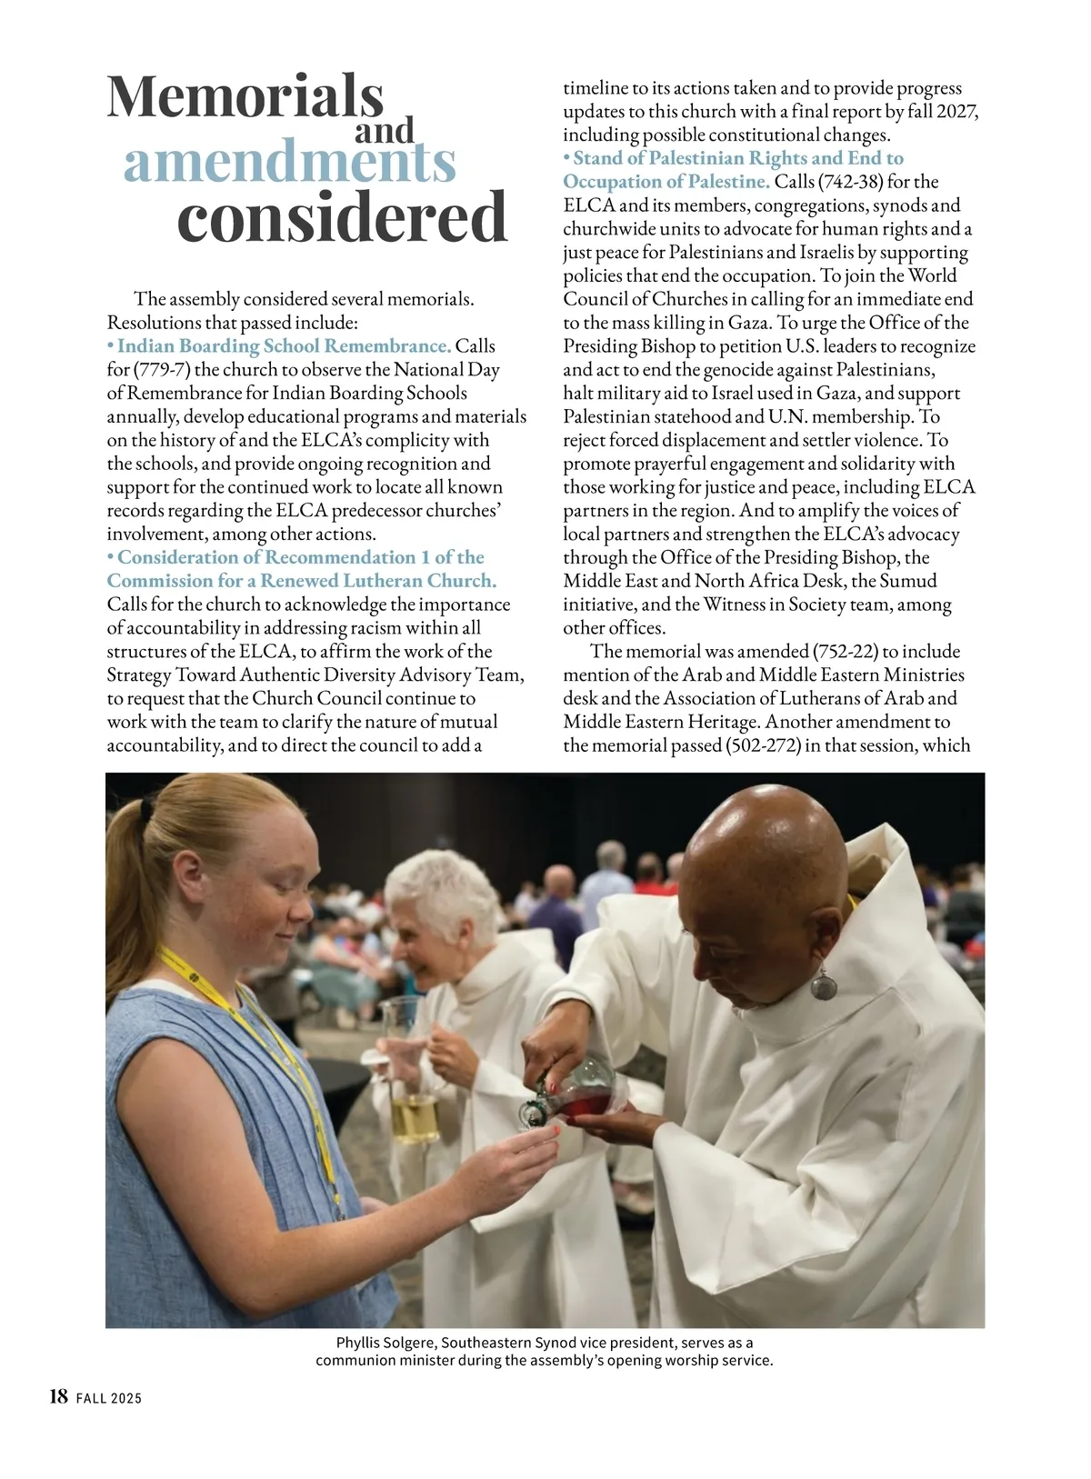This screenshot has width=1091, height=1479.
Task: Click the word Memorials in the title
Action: click(245, 96)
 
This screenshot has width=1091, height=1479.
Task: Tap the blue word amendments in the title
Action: click(289, 164)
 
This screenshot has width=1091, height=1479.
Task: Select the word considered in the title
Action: click(341, 218)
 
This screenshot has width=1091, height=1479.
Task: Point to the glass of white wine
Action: click(415, 1114)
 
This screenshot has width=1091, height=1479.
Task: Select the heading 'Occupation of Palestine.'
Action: click(666, 182)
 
